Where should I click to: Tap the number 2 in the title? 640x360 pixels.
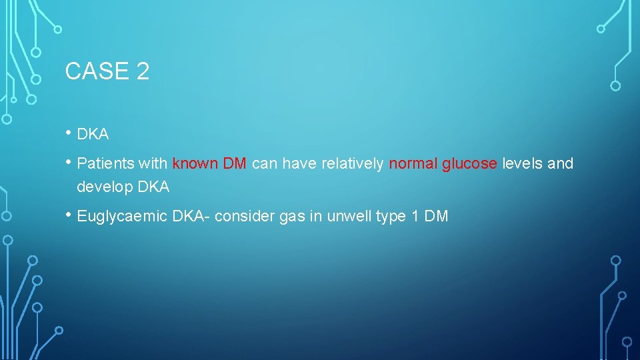[x=142, y=71]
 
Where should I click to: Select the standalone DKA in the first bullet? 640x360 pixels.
[x=93, y=134]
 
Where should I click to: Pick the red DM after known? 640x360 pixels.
[x=235, y=163]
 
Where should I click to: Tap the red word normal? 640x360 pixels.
[x=413, y=163]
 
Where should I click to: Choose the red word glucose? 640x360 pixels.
[x=469, y=163]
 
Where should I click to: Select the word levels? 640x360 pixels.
[x=522, y=163]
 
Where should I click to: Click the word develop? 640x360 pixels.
[x=105, y=187]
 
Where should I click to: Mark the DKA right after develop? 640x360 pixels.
[x=154, y=187]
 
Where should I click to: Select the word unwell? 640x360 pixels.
[x=346, y=217]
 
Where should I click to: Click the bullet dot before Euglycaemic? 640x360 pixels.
[x=69, y=215]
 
